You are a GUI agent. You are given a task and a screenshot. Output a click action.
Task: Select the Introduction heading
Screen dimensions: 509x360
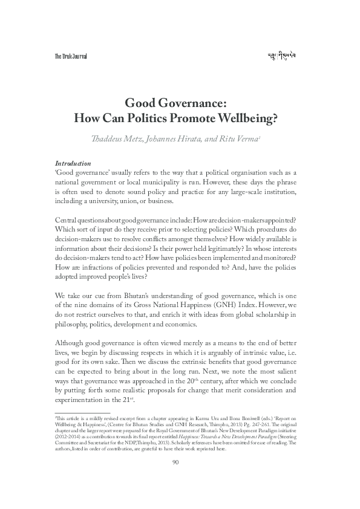coord(73,163)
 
